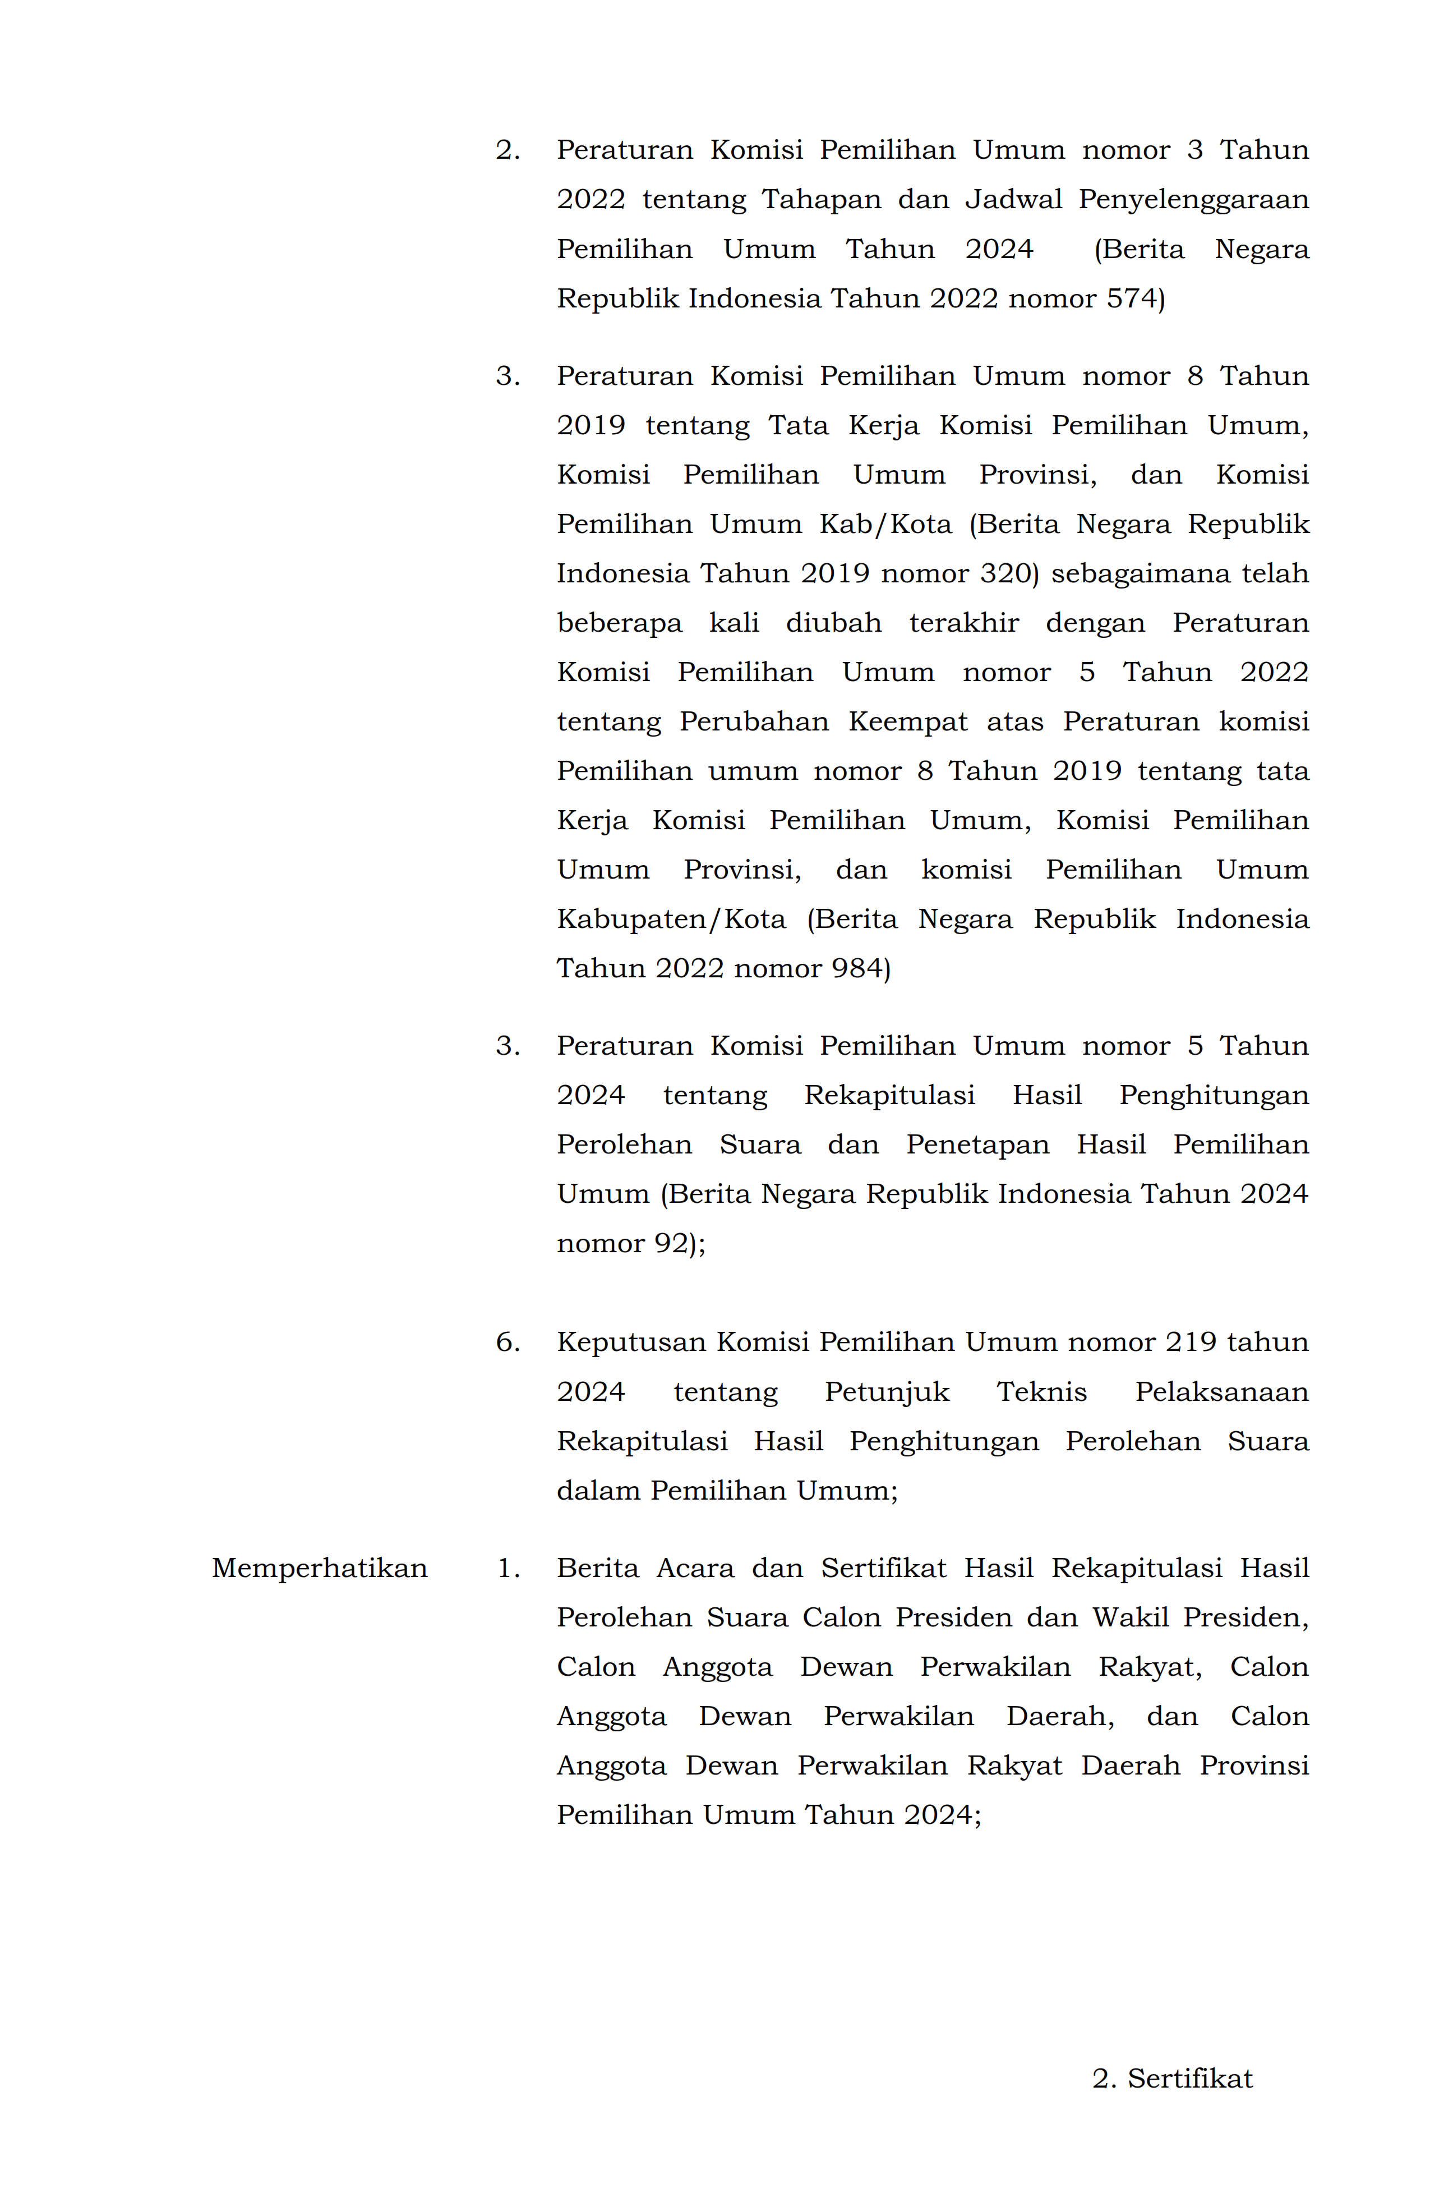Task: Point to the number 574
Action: click(x=1134, y=299)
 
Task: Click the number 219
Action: click(x=1190, y=1342)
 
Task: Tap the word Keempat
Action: click(x=907, y=721)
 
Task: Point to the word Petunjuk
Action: click(x=886, y=1392)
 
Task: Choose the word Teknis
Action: click(x=1041, y=1392)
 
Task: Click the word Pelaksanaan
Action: click(x=1221, y=1392)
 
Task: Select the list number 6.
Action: click(x=505, y=1342)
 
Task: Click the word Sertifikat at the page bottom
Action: click(x=1189, y=2079)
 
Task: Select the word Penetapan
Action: click(x=977, y=1144)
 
